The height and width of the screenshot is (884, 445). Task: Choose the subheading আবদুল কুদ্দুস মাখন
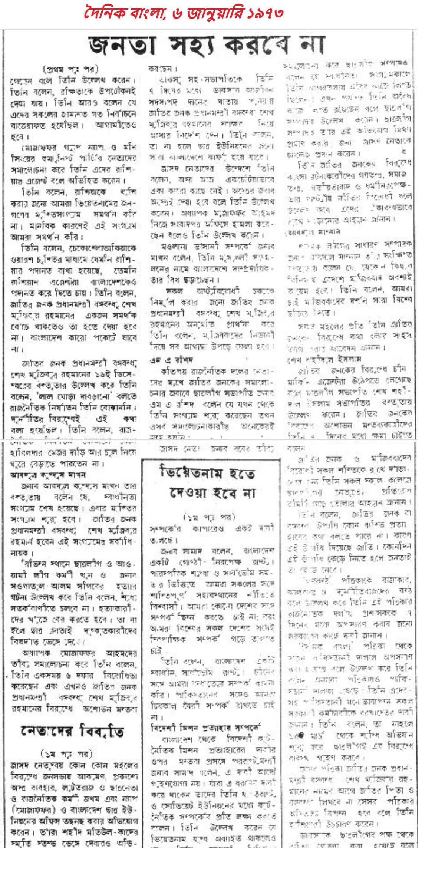48,475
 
